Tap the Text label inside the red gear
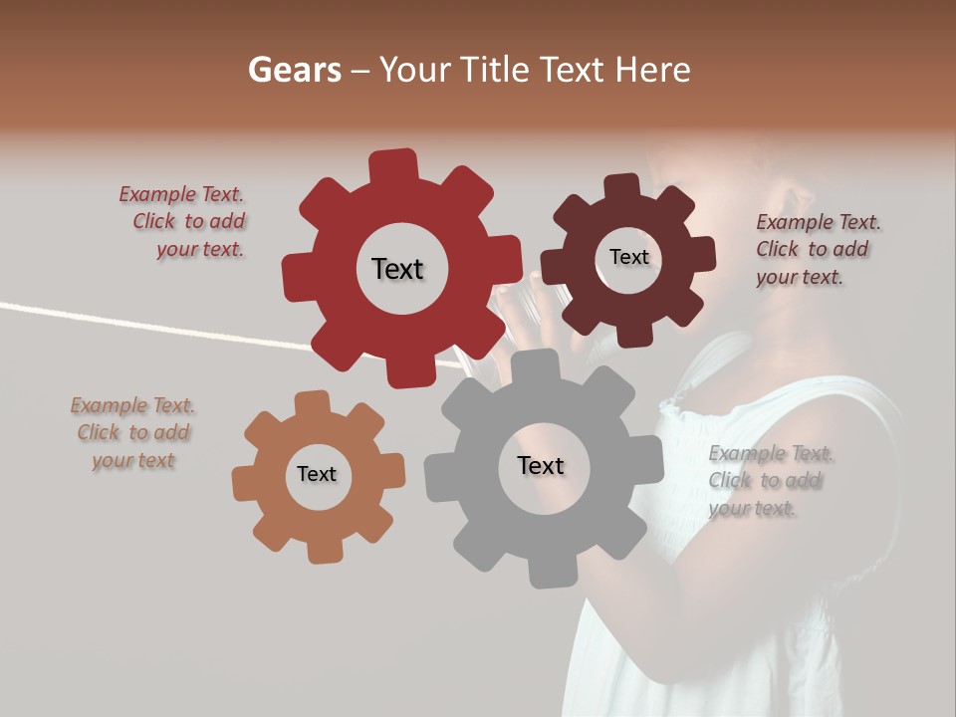click(397, 269)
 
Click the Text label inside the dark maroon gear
click(628, 257)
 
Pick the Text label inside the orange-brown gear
click(317, 474)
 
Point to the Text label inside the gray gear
click(541, 465)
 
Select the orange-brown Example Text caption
click(132, 433)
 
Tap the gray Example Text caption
click(769, 480)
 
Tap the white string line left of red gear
click(149, 324)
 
